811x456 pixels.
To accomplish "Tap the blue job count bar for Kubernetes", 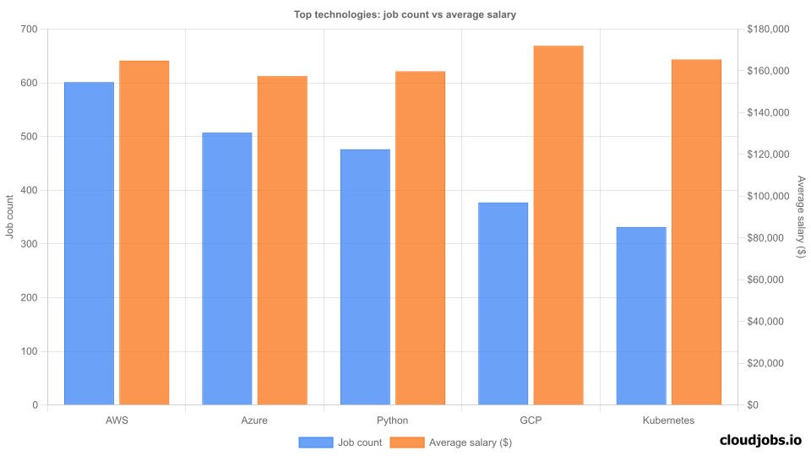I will click(x=641, y=316).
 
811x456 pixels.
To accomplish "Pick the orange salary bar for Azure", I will click(x=282, y=241).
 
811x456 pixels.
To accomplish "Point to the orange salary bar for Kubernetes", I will click(x=696, y=232).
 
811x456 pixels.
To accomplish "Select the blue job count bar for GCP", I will click(x=503, y=303).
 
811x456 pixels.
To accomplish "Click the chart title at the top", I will click(x=405, y=14).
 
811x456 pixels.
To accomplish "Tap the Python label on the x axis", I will click(x=392, y=420).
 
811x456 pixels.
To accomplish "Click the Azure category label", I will click(x=254, y=420).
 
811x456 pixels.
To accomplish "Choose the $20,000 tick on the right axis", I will click(x=770, y=363).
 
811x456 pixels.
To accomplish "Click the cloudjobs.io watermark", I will click(x=759, y=439).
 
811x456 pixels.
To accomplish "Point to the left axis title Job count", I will click(x=9, y=217).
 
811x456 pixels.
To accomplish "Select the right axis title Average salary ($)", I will click(x=801, y=217).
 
